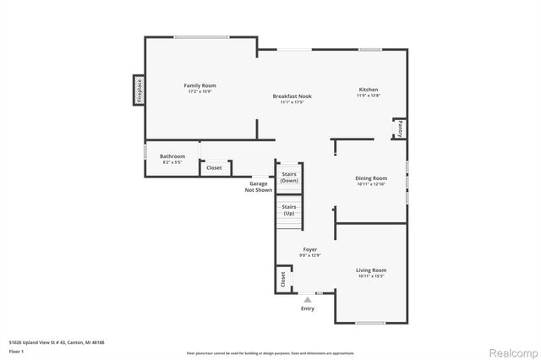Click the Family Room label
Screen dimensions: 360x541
[x=201, y=85]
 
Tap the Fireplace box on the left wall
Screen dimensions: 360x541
[x=139, y=90]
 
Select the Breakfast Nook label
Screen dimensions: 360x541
[x=292, y=96]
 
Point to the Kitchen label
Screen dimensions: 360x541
[x=369, y=90]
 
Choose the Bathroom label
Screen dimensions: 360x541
[x=172, y=155]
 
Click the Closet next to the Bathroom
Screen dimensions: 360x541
[x=215, y=167]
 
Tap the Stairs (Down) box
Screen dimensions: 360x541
[x=289, y=177]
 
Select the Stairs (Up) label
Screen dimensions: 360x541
[x=289, y=210]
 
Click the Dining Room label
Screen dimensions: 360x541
[x=371, y=178]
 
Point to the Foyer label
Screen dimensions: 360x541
[x=310, y=249]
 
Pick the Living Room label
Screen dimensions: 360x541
[x=372, y=270]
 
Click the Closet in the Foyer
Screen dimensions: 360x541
[x=281, y=278]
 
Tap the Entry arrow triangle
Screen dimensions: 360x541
[x=308, y=298]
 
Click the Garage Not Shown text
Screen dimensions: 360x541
[x=258, y=187]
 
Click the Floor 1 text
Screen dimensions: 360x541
[x=16, y=350]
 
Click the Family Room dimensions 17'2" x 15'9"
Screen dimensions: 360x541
[x=201, y=92]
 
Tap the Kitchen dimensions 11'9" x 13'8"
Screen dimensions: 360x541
[x=369, y=96]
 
